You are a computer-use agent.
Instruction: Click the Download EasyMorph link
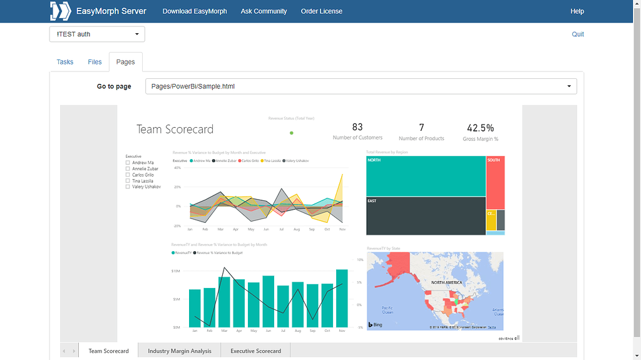(195, 11)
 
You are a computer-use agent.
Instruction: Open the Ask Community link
(264, 11)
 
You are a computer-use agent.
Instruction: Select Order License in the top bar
(321, 11)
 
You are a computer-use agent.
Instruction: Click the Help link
(577, 11)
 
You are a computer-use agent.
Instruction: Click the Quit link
(578, 34)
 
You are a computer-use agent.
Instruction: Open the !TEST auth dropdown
(97, 34)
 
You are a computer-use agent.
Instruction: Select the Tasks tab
(65, 62)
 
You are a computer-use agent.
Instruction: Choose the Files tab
(95, 62)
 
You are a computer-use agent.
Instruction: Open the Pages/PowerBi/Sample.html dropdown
(361, 86)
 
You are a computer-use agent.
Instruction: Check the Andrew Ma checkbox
(128, 163)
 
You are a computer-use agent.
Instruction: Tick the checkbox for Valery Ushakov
(128, 187)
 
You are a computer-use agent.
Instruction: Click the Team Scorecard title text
(175, 130)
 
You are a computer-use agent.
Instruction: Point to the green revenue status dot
(292, 133)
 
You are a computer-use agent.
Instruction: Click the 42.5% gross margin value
(480, 128)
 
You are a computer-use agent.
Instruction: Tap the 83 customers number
(357, 127)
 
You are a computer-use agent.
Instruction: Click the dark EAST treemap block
(426, 216)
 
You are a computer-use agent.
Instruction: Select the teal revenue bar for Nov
(342, 298)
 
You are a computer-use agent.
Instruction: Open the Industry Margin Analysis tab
(180, 351)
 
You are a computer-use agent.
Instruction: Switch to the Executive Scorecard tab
(255, 351)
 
